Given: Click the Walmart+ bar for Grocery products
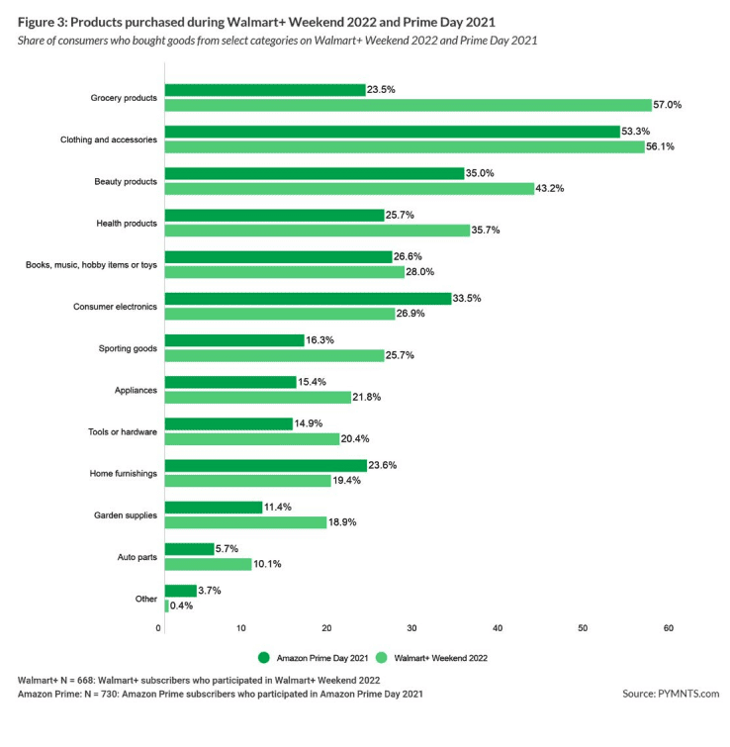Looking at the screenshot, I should click(408, 105).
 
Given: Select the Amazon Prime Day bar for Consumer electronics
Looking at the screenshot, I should click(308, 298).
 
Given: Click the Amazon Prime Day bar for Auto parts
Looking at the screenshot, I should click(188, 549).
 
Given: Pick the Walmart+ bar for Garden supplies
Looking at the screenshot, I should click(245, 522).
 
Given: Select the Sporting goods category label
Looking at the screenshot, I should click(128, 348).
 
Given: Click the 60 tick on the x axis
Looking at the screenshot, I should click(669, 628).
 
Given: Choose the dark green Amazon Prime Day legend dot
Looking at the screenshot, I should click(263, 657).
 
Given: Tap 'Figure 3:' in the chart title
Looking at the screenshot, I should click(46, 21).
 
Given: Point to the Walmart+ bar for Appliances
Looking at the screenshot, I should click(257, 397).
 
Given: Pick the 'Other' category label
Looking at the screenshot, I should click(146, 600).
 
